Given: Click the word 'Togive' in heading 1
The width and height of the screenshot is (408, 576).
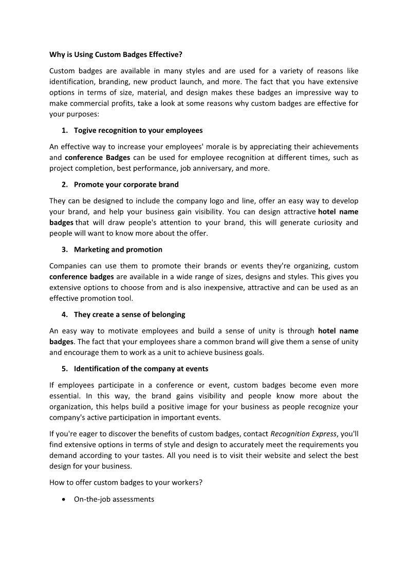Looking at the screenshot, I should pyautogui.click(x=85, y=130).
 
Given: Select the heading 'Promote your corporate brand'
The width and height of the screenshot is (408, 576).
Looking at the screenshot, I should pyautogui.click(x=126, y=184).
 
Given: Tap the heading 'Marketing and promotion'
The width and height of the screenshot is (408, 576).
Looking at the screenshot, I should pyautogui.click(x=118, y=249).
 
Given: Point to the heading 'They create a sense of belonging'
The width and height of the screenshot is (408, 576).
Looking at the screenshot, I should pyautogui.click(x=129, y=314).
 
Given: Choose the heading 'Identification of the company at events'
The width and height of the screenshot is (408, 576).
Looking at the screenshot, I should pyautogui.click(x=141, y=368).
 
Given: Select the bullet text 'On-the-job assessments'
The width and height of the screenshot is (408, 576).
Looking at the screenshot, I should pyautogui.click(x=114, y=499).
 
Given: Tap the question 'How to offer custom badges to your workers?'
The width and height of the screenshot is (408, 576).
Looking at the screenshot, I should pyautogui.click(x=123, y=482).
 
